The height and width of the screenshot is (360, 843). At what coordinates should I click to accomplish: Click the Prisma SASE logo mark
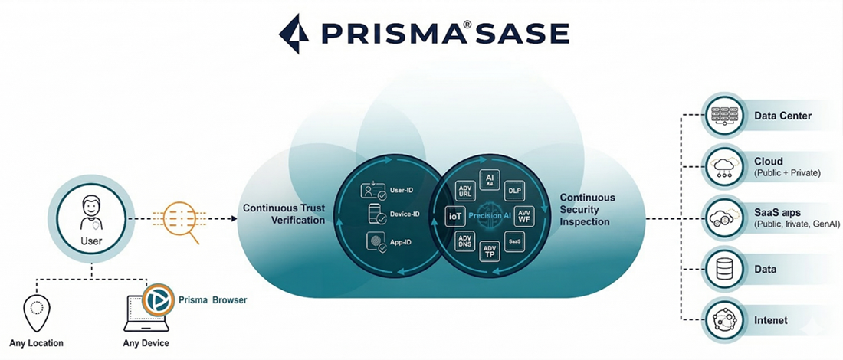(294, 33)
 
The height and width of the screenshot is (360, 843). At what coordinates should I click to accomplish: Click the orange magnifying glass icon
(182, 220)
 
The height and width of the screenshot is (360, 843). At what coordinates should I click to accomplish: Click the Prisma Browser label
(212, 300)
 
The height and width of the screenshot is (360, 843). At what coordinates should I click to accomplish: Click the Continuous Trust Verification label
(283, 214)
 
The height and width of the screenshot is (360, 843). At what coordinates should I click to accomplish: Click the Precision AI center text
(490, 216)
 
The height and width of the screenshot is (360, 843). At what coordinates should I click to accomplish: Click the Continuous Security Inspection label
(587, 209)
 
